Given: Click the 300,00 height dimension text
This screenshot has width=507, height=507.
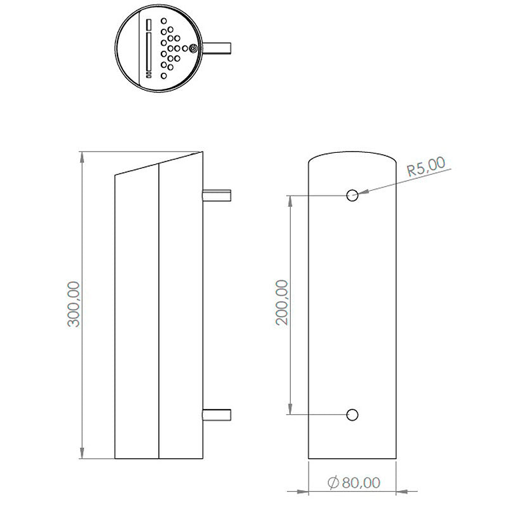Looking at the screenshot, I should click(73, 304).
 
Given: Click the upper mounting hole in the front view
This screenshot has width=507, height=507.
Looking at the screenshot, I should click(352, 195).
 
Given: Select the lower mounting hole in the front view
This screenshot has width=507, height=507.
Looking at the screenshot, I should click(352, 414).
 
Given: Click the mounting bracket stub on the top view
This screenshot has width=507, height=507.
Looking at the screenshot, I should click(217, 48).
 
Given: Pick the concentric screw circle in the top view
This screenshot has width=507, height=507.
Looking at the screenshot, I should click(192, 48).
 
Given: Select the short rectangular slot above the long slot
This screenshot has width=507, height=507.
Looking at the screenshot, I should click(149, 24).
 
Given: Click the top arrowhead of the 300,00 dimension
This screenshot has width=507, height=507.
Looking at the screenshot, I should click(82, 157).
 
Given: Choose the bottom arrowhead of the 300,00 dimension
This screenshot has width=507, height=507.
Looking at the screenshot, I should click(82, 454).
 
